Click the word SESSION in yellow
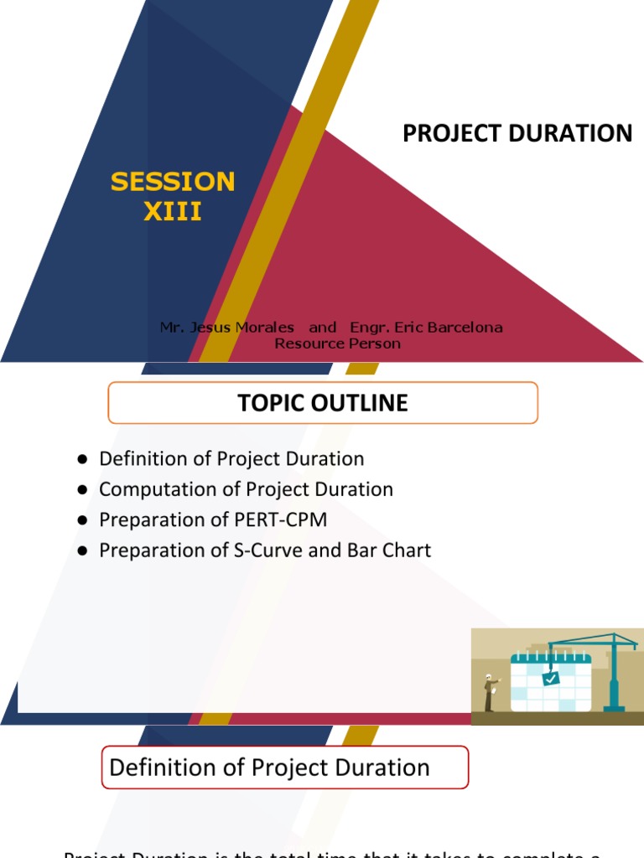click(173, 181)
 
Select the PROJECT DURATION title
click(517, 133)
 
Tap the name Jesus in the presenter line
click(216, 327)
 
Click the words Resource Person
click(337, 343)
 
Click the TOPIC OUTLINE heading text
click(323, 403)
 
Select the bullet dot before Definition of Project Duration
click(83, 459)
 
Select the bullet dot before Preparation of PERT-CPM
click(83, 520)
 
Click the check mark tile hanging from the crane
click(550, 679)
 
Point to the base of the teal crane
click(615, 706)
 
